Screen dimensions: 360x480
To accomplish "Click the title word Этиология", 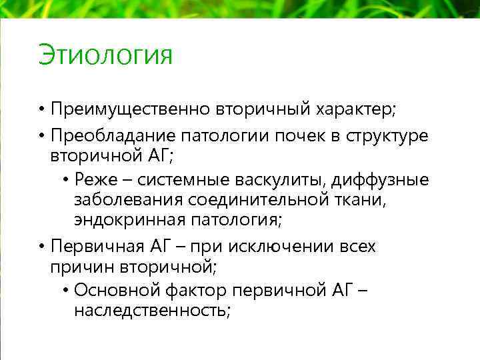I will pyautogui.click(x=105, y=55).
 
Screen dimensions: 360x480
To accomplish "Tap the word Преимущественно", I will pyautogui.click(x=131, y=109).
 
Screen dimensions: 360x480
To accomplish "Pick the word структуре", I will pyautogui.click(x=387, y=136).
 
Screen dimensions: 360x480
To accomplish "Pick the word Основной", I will pyautogui.click(x=111, y=291).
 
